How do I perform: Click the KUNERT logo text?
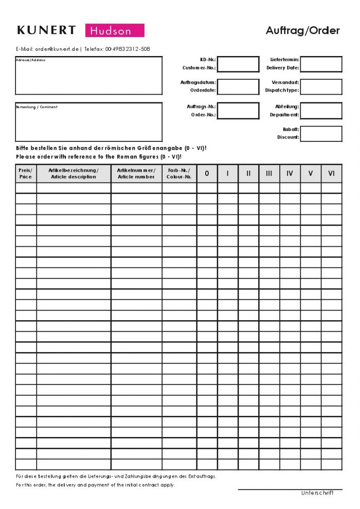point(46,30)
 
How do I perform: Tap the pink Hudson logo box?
point(115,31)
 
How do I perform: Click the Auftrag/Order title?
point(302,30)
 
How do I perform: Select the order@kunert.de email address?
point(57,49)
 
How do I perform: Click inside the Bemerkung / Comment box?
point(88,122)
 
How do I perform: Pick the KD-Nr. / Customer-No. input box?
point(238,64)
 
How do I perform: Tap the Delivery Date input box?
point(321,64)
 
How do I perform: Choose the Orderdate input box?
point(238,87)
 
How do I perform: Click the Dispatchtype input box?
point(321,87)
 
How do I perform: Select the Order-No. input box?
point(238,111)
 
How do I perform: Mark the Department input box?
point(321,111)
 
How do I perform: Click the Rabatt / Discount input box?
point(321,134)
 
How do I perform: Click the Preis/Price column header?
point(26,173)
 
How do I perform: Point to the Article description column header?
point(74,173)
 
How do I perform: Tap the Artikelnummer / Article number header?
point(136,173)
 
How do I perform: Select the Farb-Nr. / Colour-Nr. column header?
point(179,173)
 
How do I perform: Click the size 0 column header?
point(207,173)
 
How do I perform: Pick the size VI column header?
point(331,173)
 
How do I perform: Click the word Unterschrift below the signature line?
point(317,493)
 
